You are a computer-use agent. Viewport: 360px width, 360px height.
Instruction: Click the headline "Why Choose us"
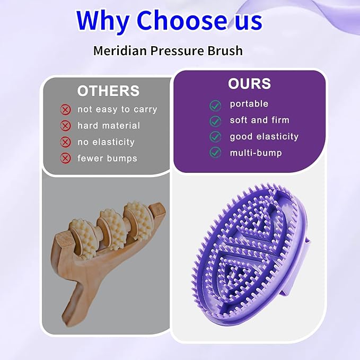coord(169,21)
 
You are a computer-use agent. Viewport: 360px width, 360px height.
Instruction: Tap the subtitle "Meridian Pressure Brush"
coord(168,51)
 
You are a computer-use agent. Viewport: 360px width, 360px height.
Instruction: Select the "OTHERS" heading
coord(108,91)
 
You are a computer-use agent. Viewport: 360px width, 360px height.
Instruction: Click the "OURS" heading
coord(249,84)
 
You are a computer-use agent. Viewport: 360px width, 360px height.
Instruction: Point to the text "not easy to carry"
coord(117,109)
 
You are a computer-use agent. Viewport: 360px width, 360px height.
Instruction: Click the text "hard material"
coord(109,126)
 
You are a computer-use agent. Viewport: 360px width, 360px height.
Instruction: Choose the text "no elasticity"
coord(106,142)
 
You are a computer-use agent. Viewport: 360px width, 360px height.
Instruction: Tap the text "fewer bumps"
coord(107,158)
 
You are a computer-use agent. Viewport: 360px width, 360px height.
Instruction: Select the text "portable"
coord(249,104)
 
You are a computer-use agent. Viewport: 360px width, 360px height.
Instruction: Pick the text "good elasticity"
coord(264,136)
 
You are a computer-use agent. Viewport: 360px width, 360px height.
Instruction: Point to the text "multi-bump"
coord(256,153)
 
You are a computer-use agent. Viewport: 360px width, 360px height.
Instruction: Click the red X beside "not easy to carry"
coord(66,110)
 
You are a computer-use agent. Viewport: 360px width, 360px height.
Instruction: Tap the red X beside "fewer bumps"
coord(66,158)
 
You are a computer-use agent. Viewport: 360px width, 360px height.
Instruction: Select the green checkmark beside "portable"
coord(215,105)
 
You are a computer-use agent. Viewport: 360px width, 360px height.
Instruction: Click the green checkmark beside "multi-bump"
coord(215,153)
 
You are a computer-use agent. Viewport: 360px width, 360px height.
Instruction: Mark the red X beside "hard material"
coord(66,126)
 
